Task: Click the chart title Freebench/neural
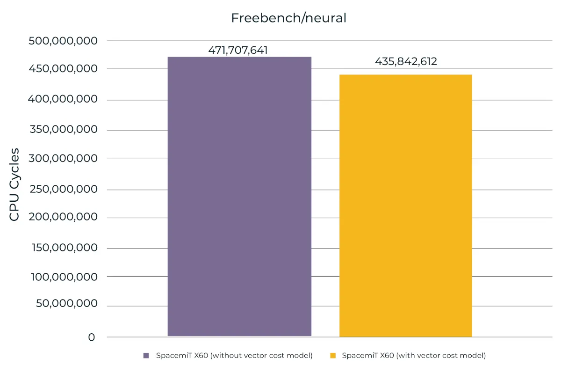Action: (288, 18)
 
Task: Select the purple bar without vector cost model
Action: (239, 197)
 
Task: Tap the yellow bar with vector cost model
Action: (405, 205)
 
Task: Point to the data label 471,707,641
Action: (238, 50)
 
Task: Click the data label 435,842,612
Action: (406, 62)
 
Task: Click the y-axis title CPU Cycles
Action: (14, 184)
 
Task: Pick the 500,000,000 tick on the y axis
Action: (63, 41)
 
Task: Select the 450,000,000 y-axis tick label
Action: (63, 69)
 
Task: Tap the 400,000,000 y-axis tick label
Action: (63, 99)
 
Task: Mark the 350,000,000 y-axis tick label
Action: (63, 129)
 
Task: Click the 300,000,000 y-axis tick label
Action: (63, 158)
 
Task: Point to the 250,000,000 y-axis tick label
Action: (63, 189)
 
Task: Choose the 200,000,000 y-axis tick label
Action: (63, 217)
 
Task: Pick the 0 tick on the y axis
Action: (92, 337)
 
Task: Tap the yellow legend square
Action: (333, 356)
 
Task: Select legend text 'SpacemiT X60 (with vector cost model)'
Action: (414, 356)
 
